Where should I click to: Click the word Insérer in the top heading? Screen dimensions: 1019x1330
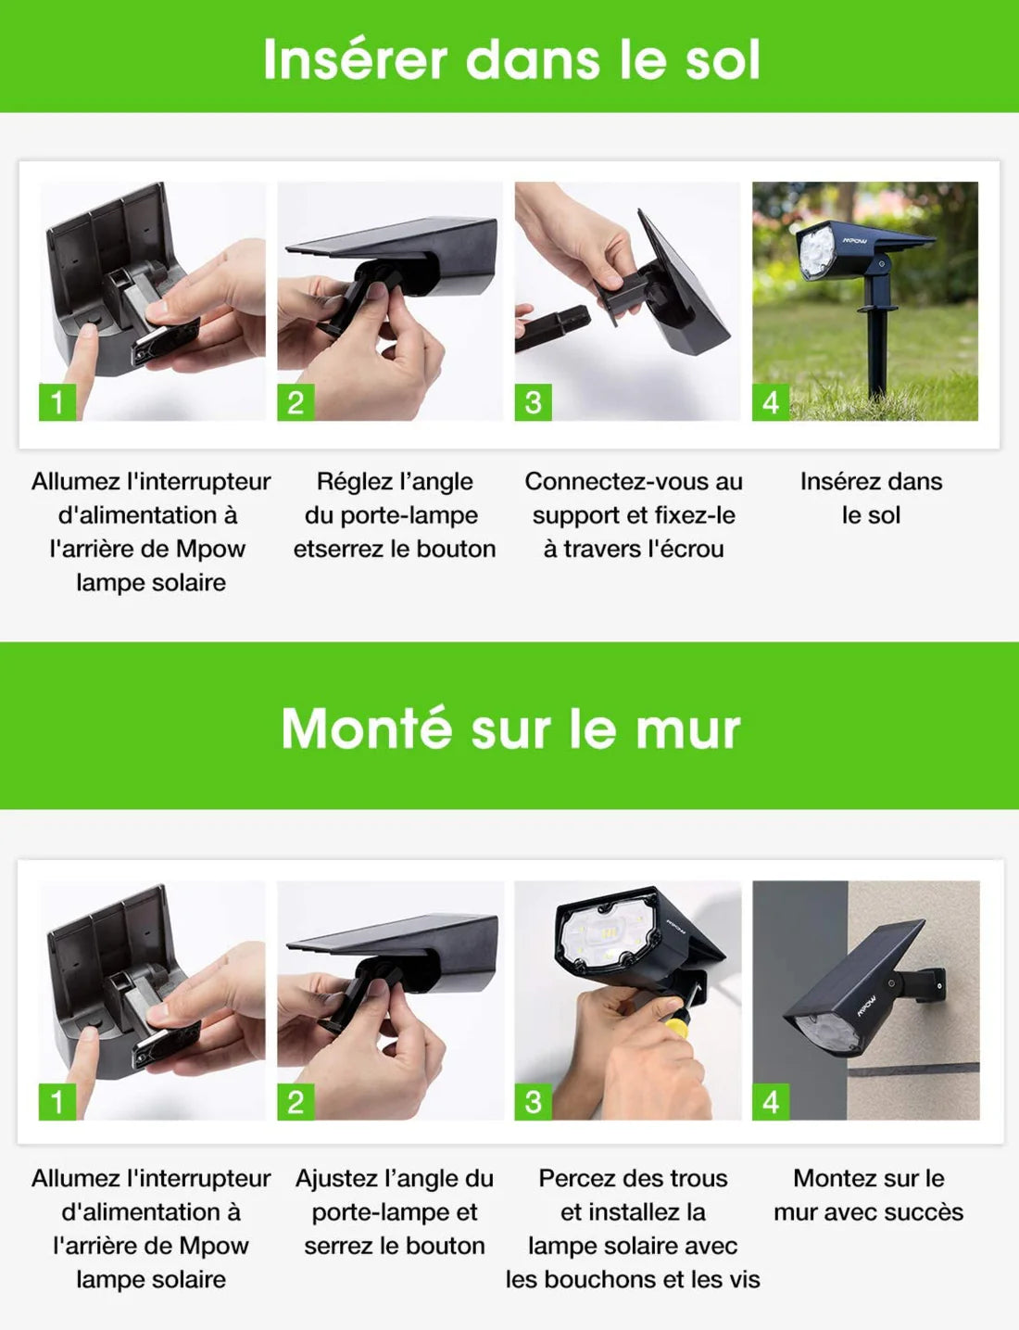tap(356, 60)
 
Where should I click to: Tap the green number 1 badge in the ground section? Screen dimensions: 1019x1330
tap(57, 402)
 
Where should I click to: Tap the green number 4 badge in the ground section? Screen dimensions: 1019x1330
tap(771, 402)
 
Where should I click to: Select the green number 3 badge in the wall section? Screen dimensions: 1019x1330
tap(533, 1102)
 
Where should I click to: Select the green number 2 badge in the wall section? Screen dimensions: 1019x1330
tap(296, 1102)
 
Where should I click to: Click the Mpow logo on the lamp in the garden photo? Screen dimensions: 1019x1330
tap(854, 241)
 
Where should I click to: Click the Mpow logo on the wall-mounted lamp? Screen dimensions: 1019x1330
tap(866, 1006)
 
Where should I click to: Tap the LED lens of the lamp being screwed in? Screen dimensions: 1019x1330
tap(606, 934)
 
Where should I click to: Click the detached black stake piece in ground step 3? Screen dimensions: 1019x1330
tap(552, 329)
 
